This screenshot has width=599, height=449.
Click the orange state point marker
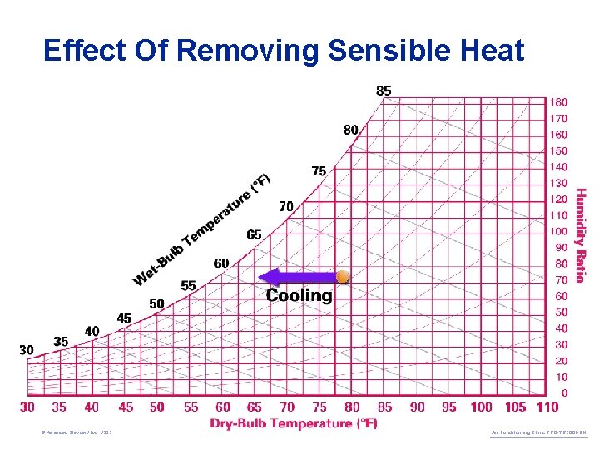(x=343, y=277)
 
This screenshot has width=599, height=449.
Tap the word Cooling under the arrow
(x=299, y=296)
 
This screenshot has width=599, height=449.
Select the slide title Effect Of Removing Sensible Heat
(x=284, y=51)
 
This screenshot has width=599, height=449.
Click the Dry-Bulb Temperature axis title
(x=294, y=424)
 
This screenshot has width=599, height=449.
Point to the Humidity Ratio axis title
(x=581, y=235)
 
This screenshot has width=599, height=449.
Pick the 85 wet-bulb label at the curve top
(x=384, y=91)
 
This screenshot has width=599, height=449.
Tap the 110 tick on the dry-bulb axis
(x=547, y=407)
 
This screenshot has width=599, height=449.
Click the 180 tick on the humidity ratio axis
(x=558, y=102)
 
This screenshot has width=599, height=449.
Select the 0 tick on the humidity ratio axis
(x=565, y=392)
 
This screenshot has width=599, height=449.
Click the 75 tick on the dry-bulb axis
(x=319, y=407)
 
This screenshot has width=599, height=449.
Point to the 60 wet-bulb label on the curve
(x=221, y=264)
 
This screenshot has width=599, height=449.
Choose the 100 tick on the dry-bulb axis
(x=481, y=407)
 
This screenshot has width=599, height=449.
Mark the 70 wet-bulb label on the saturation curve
(x=285, y=205)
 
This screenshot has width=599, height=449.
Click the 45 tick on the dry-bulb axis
(x=125, y=407)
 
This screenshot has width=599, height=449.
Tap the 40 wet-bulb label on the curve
(x=92, y=331)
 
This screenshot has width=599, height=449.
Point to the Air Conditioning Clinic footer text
(x=538, y=433)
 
